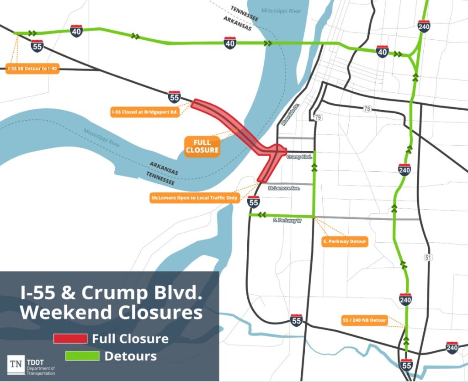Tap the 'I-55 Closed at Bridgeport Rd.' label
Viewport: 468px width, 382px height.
[x=144, y=111]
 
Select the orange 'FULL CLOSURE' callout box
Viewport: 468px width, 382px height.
[x=202, y=146]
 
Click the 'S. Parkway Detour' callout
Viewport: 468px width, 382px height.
[x=345, y=242]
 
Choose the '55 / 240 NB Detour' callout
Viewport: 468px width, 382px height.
[x=365, y=320]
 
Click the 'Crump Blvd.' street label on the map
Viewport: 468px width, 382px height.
[x=299, y=156]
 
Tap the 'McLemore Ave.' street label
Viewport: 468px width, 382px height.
[x=283, y=188]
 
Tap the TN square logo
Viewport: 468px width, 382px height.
[x=15, y=364]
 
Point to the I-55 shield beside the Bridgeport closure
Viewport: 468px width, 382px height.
[x=174, y=96]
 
